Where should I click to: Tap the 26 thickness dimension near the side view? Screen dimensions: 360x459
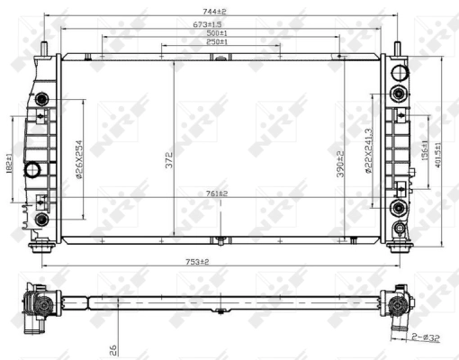112,344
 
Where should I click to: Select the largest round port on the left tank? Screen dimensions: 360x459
33,169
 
